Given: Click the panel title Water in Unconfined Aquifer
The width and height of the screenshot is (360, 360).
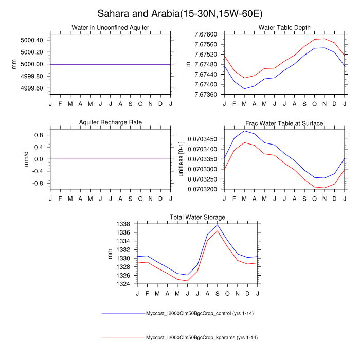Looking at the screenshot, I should (111, 27).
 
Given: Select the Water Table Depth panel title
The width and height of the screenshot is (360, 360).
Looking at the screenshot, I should (284, 27).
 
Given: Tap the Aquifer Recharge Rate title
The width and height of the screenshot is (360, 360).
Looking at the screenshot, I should (111, 122).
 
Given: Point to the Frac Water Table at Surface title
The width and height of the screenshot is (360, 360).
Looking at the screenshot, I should (284, 123).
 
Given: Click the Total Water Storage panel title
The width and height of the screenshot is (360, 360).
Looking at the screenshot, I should (197, 217).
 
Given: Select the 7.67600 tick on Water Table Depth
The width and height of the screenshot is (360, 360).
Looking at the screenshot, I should (205, 34).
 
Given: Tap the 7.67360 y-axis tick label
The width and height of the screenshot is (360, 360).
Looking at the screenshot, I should (205, 95).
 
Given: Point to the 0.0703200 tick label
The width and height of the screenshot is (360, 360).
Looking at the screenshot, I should (203, 189).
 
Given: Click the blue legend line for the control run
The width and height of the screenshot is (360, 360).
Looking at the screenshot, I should (123, 313).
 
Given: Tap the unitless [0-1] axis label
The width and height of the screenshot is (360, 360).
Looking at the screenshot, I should (181, 159).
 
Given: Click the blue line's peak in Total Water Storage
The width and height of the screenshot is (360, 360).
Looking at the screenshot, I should (218, 225).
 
